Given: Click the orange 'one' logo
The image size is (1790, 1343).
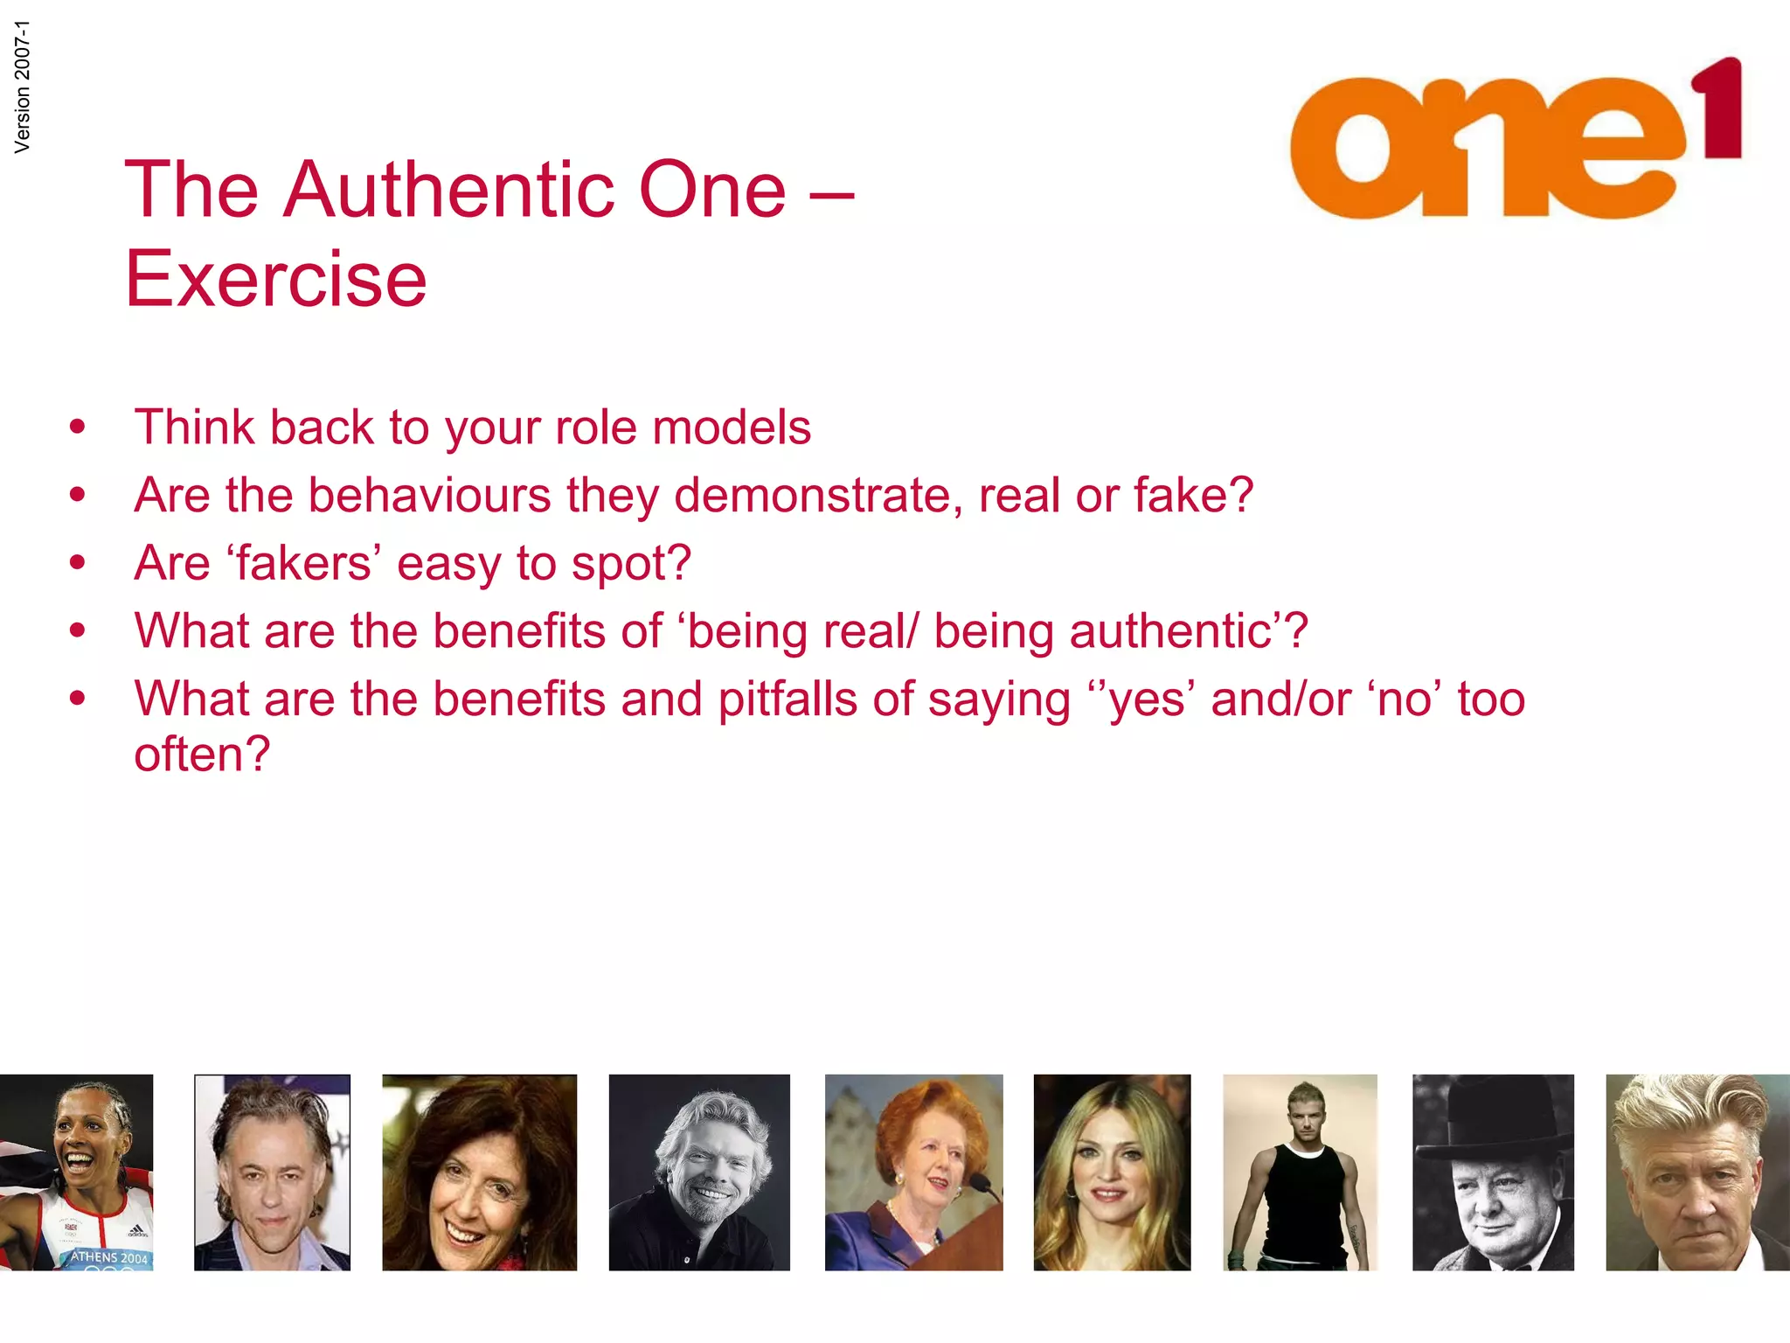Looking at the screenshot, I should (x=1486, y=149).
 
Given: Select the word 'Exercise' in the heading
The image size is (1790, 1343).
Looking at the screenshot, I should (x=276, y=279).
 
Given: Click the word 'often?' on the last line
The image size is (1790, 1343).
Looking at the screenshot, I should (x=202, y=754).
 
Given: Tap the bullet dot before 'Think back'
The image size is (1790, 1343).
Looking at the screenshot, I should (x=78, y=428).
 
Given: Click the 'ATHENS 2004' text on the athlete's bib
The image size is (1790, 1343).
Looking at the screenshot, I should (x=110, y=1256).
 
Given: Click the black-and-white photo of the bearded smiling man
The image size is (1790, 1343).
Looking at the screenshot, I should (x=699, y=1172).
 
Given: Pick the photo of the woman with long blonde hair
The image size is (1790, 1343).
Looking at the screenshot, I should (x=1112, y=1172).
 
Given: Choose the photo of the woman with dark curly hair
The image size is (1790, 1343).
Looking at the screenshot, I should (x=479, y=1172).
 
